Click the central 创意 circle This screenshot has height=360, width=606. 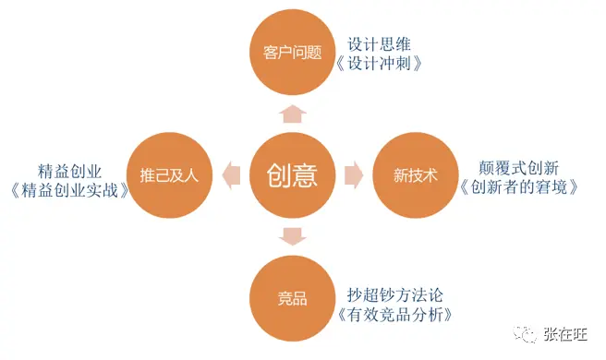coord(292,175)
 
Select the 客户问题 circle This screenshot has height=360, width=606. coord(292,52)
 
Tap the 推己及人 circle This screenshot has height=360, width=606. coord(169,175)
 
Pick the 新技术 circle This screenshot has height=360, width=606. coord(416,175)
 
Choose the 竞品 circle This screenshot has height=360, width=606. coord(292,298)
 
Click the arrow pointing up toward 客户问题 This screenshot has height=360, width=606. coord(293,114)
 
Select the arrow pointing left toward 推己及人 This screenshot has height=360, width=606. coord(231,175)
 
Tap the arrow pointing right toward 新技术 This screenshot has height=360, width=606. coord(354,175)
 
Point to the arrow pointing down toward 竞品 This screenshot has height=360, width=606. coord(293,237)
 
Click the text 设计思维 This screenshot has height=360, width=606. coord(379,44)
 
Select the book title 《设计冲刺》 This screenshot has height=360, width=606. coord(379,64)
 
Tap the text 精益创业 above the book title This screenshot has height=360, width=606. coord(69,172)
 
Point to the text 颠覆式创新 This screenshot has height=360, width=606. coord(518,168)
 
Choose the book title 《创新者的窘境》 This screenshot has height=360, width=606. coord(518,187)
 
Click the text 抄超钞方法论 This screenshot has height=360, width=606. coord(394,295)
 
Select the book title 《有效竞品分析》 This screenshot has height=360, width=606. coord(394,315)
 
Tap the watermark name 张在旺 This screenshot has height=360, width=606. coord(565,334)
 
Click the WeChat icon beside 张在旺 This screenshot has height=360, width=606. coord(525,334)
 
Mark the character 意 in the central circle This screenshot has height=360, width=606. coord(306,175)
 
